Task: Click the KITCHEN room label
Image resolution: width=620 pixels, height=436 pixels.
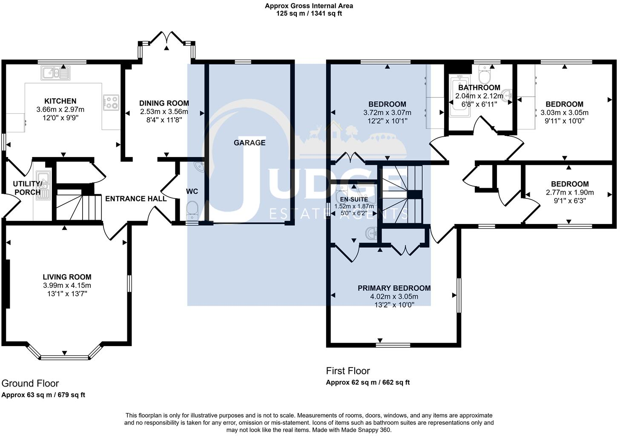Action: [x=60, y=101]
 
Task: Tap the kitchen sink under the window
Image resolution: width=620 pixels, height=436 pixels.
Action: [x=55, y=73]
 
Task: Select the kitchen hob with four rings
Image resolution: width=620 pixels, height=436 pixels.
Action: [x=112, y=103]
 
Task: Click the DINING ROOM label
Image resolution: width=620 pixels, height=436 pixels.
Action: [x=164, y=103]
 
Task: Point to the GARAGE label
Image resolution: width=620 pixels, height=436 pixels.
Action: [x=249, y=143]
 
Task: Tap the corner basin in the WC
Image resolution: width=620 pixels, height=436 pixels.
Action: [x=198, y=166]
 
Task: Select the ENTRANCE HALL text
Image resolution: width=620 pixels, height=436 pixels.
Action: [x=136, y=198]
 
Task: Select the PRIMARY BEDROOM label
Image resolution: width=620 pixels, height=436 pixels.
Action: [x=394, y=288]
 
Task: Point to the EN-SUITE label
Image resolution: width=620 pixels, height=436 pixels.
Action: [x=353, y=199]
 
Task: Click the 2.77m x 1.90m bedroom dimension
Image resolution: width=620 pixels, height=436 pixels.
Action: [x=570, y=192]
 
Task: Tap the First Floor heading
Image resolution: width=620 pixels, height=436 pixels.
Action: [x=348, y=370]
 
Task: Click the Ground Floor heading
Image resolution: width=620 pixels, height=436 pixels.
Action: [x=30, y=383]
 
